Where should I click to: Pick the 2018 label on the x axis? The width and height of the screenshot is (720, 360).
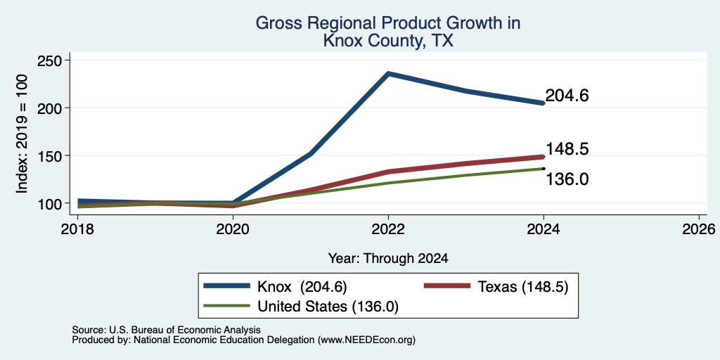(x=78, y=229)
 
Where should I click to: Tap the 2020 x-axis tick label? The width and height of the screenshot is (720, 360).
(x=233, y=229)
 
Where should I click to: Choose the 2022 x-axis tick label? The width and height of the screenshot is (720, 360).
(x=388, y=229)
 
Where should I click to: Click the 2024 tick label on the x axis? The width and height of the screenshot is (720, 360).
(x=544, y=229)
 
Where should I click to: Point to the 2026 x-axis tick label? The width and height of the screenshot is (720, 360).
(x=699, y=229)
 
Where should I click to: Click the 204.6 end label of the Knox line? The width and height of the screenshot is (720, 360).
(x=567, y=96)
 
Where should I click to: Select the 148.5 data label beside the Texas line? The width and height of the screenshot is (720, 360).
(x=567, y=149)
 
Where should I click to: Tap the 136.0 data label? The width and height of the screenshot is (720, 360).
(x=567, y=179)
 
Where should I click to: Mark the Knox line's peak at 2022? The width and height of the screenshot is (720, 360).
(x=388, y=73)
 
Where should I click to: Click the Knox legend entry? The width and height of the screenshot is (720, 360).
(x=276, y=287)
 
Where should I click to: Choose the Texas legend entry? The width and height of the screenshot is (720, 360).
(x=496, y=287)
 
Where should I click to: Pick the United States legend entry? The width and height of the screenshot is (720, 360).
(x=301, y=307)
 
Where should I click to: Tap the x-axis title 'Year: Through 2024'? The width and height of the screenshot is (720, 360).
(x=388, y=259)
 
